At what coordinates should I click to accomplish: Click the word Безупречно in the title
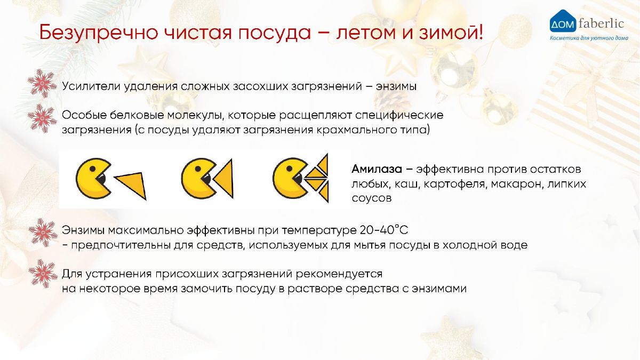pyautogui.click(x=99, y=33)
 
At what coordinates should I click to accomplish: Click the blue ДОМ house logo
pyautogui.click(x=563, y=21)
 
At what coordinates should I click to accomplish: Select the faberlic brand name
pyautogui.click(x=601, y=23)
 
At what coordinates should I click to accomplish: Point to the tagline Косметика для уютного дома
pyautogui.click(x=589, y=38)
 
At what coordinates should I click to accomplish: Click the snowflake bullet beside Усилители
pyautogui.click(x=42, y=83)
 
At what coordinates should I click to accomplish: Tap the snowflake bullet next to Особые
pyautogui.click(x=42, y=118)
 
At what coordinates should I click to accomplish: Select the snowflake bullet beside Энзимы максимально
pyautogui.click(x=43, y=233)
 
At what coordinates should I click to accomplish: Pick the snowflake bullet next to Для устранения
pyautogui.click(x=43, y=274)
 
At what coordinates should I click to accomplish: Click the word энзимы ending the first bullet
pyautogui.click(x=396, y=86)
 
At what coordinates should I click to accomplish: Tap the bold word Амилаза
pyautogui.click(x=377, y=169)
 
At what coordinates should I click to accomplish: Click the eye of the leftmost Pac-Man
pyautogui.click(x=93, y=169)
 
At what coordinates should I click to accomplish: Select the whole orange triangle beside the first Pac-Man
pyautogui.click(x=131, y=186)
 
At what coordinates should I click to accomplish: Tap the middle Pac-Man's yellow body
pyautogui.click(x=194, y=179)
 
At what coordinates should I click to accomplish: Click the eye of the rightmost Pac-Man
pyautogui.click(x=290, y=169)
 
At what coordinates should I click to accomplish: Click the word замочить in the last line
pyautogui.click(x=206, y=289)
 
